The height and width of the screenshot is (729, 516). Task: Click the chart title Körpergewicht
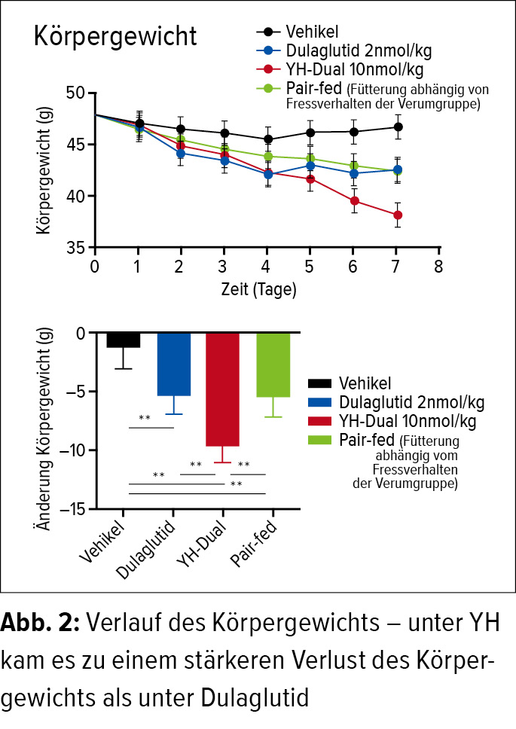(115, 37)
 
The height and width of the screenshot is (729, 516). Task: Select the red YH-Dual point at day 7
(396, 215)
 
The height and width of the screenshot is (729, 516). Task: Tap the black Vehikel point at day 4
(267, 139)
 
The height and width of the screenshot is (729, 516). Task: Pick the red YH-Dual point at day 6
(353, 200)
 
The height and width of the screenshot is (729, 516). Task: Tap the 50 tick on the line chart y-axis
(76, 93)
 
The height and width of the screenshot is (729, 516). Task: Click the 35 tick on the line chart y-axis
(76, 247)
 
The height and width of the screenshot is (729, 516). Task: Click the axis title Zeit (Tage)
(258, 289)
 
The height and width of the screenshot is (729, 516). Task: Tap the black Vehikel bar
(124, 340)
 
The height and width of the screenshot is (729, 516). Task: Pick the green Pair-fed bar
(273, 364)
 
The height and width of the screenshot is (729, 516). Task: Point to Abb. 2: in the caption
(42, 623)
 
